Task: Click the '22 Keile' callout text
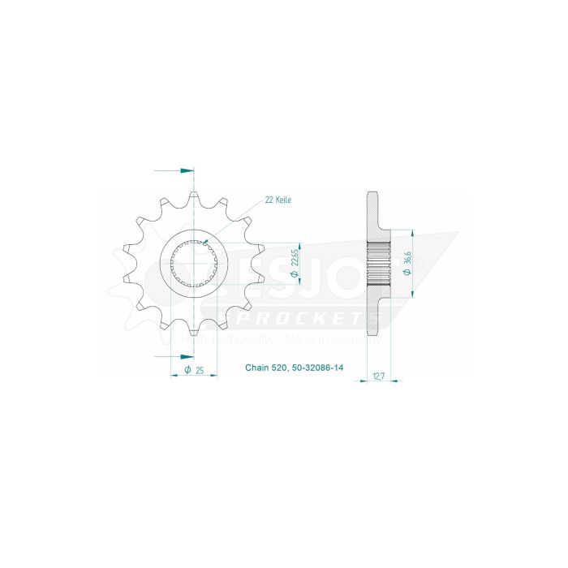(x=278, y=200)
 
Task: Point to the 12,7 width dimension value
(x=378, y=377)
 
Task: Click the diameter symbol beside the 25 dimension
(x=187, y=370)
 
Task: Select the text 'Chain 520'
(x=265, y=368)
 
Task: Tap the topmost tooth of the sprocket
(x=195, y=196)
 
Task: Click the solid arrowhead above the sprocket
(x=187, y=170)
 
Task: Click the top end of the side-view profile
(x=372, y=193)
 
